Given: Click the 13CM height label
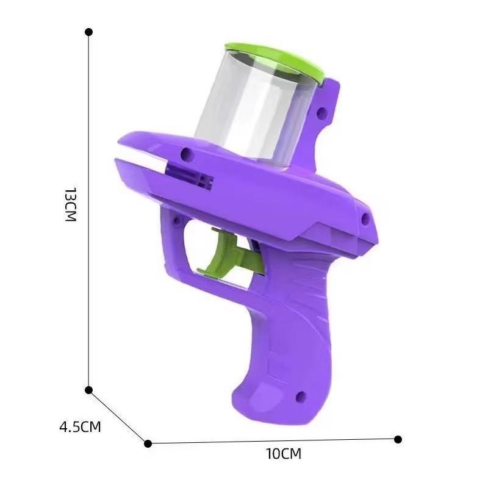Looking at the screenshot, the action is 70,204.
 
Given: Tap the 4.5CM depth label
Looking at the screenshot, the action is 80,426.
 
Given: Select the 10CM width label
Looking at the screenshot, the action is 284,454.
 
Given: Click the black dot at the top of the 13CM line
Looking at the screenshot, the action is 88,32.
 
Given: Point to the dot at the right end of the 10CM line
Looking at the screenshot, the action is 398,439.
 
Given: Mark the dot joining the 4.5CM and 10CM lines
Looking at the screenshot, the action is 148,443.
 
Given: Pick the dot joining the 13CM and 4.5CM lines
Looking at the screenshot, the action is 88,390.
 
